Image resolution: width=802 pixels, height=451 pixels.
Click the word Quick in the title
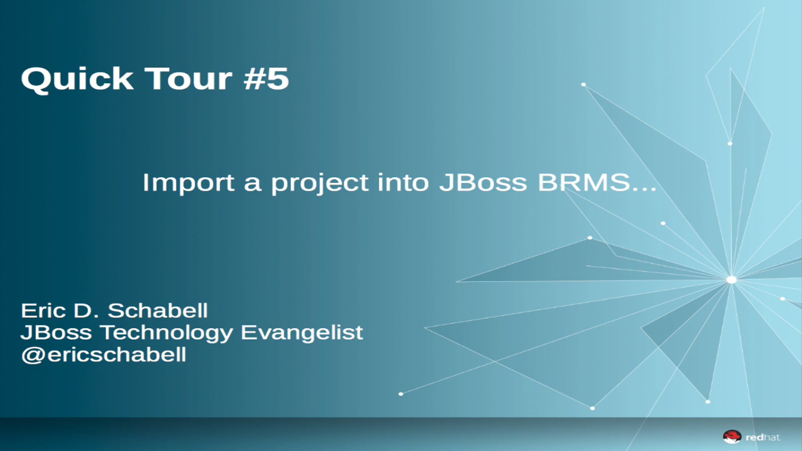[77, 80]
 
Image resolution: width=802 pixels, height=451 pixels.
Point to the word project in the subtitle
[320, 183]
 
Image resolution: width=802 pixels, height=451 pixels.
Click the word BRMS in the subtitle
[584, 182]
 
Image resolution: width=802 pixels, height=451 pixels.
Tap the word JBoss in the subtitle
[483, 182]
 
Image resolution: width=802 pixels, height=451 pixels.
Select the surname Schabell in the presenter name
[158, 311]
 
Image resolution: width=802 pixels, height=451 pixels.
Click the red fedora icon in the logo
[732, 437]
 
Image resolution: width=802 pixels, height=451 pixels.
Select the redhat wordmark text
[763, 437]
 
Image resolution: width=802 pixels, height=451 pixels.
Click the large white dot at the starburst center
[731, 280]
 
